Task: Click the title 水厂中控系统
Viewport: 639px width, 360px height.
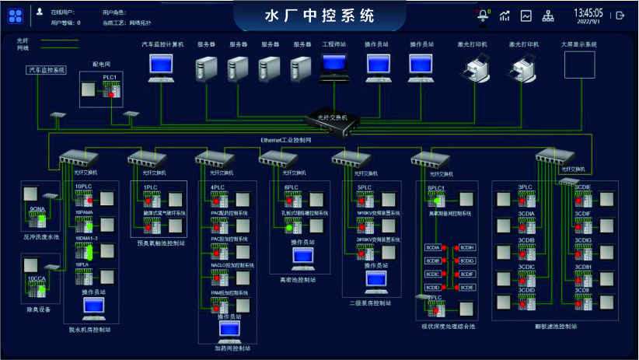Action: click(319, 15)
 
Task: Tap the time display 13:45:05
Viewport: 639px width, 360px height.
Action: click(588, 12)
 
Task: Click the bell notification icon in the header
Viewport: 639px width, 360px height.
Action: click(484, 15)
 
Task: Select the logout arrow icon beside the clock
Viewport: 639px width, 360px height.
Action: click(620, 15)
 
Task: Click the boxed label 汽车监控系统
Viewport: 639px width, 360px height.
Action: click(47, 70)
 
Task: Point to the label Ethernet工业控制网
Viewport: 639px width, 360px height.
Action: click(287, 138)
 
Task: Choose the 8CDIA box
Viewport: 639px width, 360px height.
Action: click(433, 248)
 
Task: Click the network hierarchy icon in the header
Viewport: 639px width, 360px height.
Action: click(548, 15)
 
